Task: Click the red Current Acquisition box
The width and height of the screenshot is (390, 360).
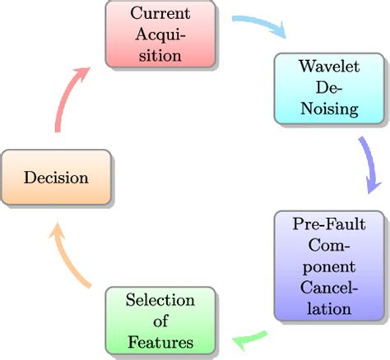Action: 161,35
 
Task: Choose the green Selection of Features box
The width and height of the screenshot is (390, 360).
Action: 160,320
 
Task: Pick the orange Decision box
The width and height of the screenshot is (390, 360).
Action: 55,178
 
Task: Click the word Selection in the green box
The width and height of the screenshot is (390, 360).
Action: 160,300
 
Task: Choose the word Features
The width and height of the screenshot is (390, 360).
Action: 160,339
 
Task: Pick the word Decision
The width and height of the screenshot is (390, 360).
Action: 55,178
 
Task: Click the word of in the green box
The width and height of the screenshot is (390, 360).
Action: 160,320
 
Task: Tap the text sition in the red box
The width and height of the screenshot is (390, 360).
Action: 161,55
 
